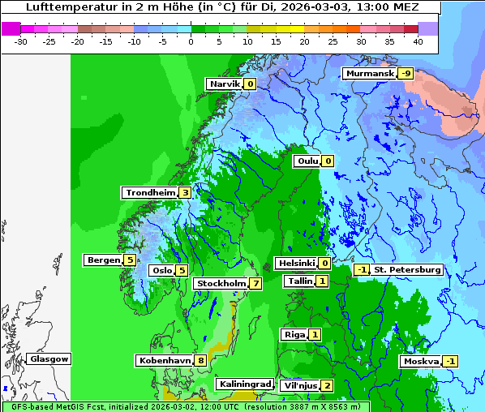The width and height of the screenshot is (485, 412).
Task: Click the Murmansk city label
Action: click(370, 74)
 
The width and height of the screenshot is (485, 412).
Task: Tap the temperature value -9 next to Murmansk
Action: click(406, 74)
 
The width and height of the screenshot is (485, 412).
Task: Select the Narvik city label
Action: click(224, 84)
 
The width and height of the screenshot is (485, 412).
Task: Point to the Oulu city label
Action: click(307, 161)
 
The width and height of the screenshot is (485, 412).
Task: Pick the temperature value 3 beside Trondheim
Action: click(186, 193)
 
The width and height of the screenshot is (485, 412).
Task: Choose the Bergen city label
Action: click(103, 260)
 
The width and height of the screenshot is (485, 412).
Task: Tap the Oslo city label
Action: click(161, 271)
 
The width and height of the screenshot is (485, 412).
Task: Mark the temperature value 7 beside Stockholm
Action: click(255, 283)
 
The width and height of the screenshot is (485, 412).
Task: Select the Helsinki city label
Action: click(296, 263)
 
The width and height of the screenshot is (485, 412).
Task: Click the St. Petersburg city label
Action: click(407, 269)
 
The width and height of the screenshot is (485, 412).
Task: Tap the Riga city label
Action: click(294, 334)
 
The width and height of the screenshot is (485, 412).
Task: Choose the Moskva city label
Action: click(421, 361)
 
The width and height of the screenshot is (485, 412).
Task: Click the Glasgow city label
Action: click(49, 358)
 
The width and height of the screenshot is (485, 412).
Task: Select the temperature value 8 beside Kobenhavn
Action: click(200, 360)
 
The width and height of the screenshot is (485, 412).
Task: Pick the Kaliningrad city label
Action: click(244, 384)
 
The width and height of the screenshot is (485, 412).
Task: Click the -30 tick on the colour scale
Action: click(21, 41)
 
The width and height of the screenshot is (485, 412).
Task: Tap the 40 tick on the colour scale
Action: click(418, 41)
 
